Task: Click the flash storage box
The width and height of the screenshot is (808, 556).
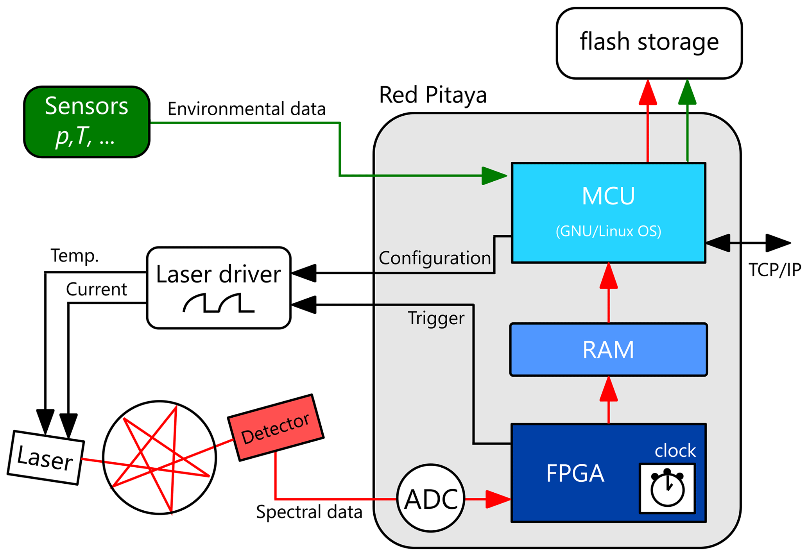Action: click(x=649, y=43)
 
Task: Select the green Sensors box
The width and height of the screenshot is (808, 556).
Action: click(x=87, y=122)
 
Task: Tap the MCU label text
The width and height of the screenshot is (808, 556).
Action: click(x=608, y=196)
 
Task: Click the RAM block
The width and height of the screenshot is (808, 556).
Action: click(x=608, y=349)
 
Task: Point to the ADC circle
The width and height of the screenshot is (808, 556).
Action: click(x=431, y=498)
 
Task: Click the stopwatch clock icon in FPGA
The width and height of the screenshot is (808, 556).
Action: click(x=667, y=488)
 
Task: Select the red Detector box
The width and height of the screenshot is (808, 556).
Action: click(x=276, y=427)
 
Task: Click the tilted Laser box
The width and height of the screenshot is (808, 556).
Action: click(x=45, y=458)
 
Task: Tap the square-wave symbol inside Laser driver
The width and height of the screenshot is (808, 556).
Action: click(x=219, y=303)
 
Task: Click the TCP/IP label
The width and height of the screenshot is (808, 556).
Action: click(x=774, y=270)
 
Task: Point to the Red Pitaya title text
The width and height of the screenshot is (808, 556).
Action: click(x=433, y=95)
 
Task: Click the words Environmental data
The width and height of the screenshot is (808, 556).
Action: click(x=246, y=109)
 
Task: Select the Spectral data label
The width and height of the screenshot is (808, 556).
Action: click(x=309, y=512)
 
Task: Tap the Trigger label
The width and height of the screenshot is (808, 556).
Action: click(x=436, y=318)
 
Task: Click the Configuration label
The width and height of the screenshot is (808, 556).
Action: click(x=434, y=258)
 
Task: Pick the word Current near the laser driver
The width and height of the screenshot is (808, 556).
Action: click(x=96, y=290)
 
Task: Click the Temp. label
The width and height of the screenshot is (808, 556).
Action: click(x=74, y=256)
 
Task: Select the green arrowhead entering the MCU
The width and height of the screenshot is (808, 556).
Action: click(x=494, y=176)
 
